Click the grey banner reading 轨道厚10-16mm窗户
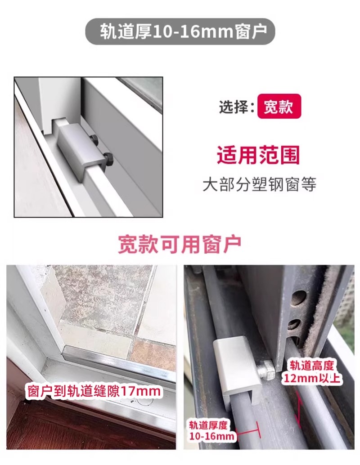[180, 31]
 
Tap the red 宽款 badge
[279, 106]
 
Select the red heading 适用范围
[258, 155]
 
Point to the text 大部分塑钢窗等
[259, 184]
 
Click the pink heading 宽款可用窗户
[180, 244]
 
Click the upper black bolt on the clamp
[94, 140]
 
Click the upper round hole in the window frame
[298, 298]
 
